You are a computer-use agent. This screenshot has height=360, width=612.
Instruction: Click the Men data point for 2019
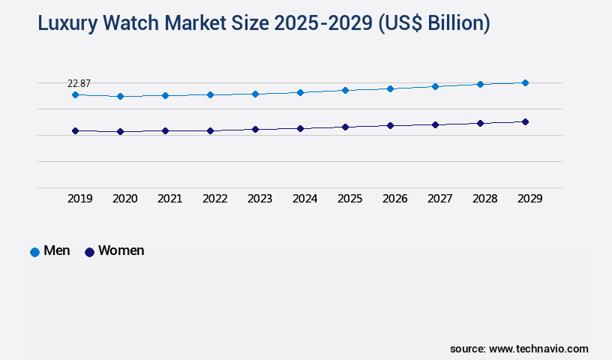75,95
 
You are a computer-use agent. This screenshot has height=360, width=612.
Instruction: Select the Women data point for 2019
75,131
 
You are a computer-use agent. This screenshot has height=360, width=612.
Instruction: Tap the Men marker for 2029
525,82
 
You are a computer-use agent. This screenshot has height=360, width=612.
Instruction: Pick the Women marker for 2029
525,121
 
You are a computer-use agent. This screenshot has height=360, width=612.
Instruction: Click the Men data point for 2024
300,92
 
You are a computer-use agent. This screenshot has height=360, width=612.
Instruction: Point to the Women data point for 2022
210,131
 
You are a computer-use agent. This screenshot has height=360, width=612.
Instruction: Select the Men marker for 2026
390,88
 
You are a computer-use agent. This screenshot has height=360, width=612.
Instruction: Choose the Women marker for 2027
435,124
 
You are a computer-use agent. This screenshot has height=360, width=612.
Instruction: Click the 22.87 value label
79,83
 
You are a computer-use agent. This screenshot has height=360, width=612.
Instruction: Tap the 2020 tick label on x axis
124,199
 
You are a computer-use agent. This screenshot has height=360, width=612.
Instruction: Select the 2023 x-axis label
259,199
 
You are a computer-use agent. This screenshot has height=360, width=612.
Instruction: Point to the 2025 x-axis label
349,199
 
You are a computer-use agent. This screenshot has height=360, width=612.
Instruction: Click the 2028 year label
484,199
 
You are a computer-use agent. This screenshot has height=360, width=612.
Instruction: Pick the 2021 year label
169,199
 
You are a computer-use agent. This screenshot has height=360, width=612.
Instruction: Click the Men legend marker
34,252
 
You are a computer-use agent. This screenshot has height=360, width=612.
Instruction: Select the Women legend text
121,250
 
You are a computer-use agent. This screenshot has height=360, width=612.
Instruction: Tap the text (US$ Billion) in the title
433,24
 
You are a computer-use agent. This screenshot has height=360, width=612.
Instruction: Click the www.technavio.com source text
538,349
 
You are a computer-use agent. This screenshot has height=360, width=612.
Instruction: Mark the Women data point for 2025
345,127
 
